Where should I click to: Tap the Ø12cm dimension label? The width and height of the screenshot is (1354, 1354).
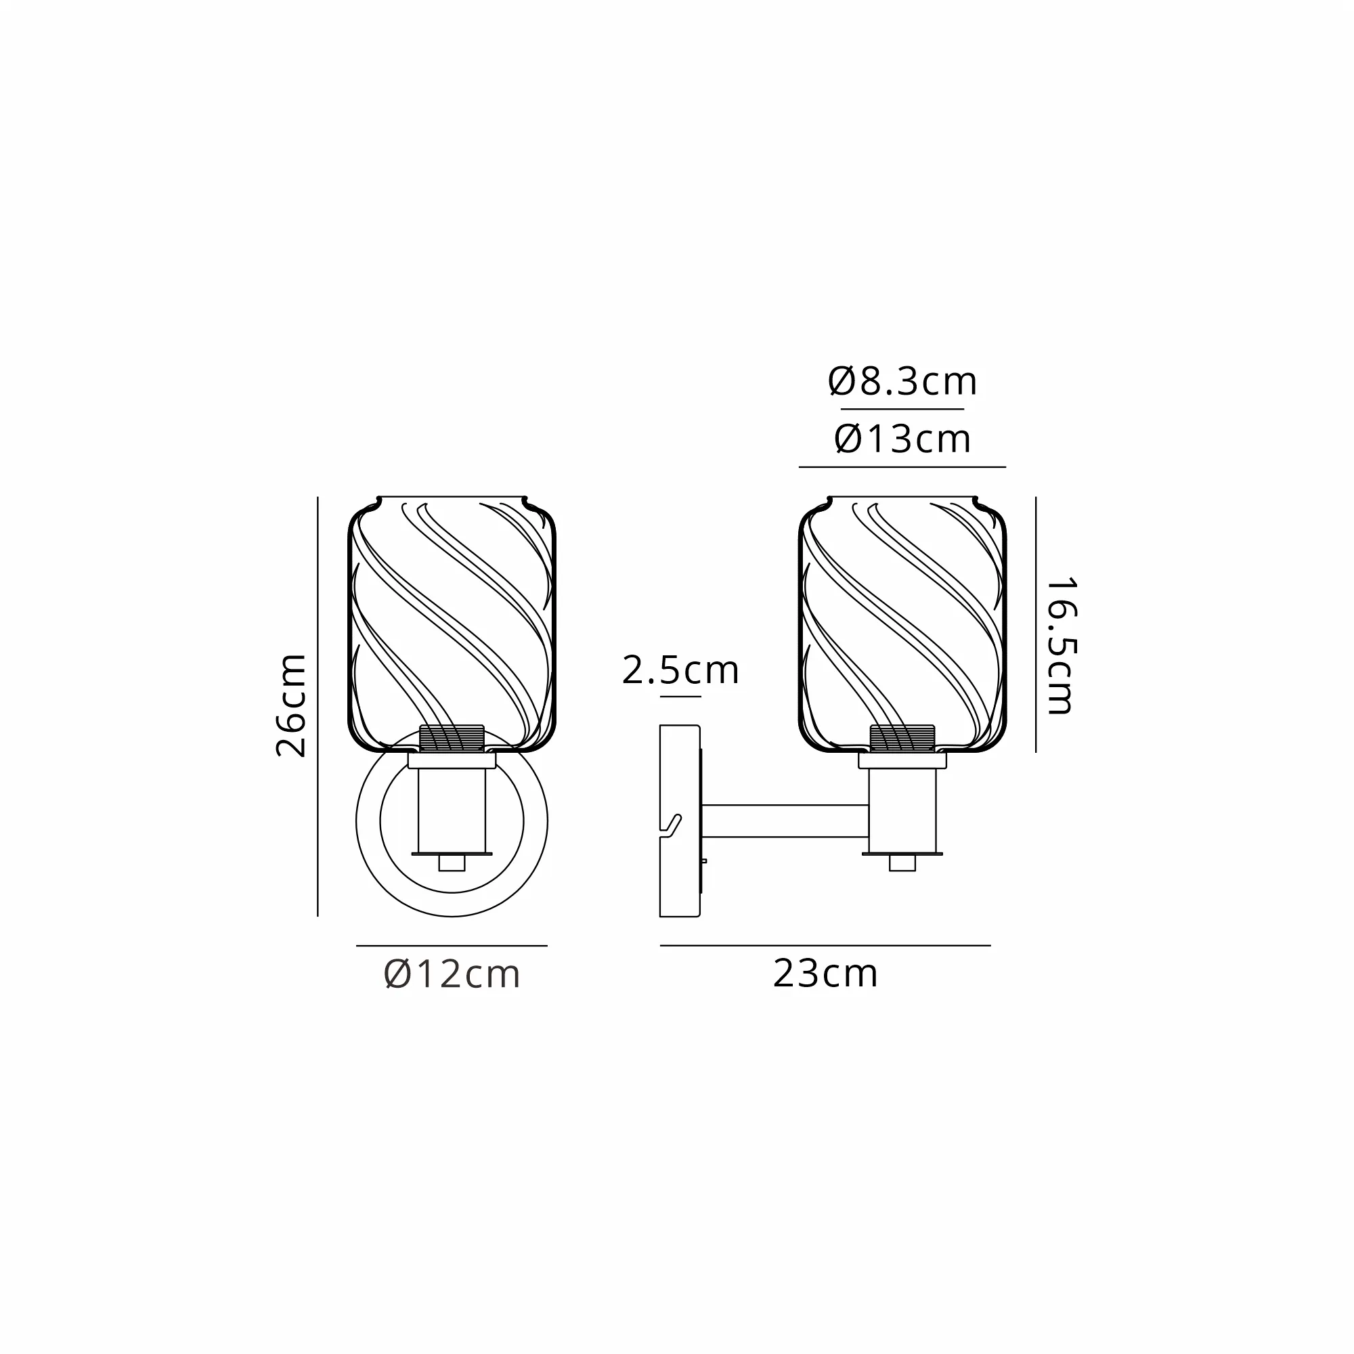[452, 975]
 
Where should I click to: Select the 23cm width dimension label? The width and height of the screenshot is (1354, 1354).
[825, 974]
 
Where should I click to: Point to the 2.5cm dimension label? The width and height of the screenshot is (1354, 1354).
[680, 670]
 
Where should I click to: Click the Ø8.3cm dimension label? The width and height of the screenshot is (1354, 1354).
[902, 382]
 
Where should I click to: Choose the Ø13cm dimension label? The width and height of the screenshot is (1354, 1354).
[902, 439]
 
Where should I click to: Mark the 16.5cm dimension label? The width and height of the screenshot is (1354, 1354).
[1059, 646]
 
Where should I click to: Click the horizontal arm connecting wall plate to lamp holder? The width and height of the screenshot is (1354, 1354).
[785, 821]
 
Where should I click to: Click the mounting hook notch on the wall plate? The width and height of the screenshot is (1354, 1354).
[671, 826]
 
